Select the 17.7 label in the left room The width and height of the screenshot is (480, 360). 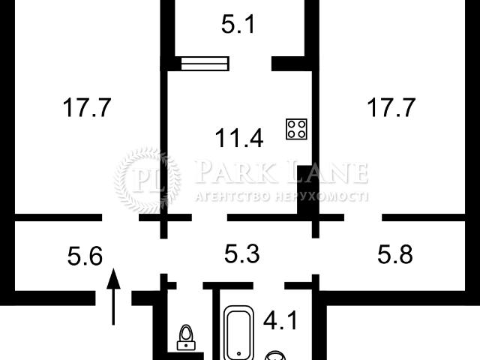(x=87, y=108)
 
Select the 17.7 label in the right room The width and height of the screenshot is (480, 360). (x=391, y=108)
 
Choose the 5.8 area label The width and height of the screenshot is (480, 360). (x=395, y=256)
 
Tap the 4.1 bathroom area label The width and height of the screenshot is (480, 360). (x=280, y=323)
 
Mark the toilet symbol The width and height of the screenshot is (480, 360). (x=184, y=337)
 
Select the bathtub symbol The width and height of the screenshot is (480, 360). (x=241, y=331)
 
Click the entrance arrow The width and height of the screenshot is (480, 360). (x=113, y=296)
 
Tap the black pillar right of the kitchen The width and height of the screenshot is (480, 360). (x=306, y=193)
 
